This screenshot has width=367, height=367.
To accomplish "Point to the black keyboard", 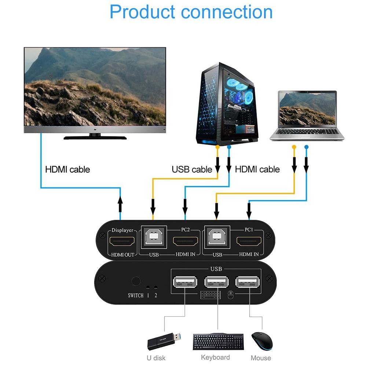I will [218, 341].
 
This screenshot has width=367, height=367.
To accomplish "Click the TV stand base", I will [95, 138].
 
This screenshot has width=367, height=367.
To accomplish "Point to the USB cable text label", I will [192, 169].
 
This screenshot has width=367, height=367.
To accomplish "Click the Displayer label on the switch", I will [122, 230].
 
